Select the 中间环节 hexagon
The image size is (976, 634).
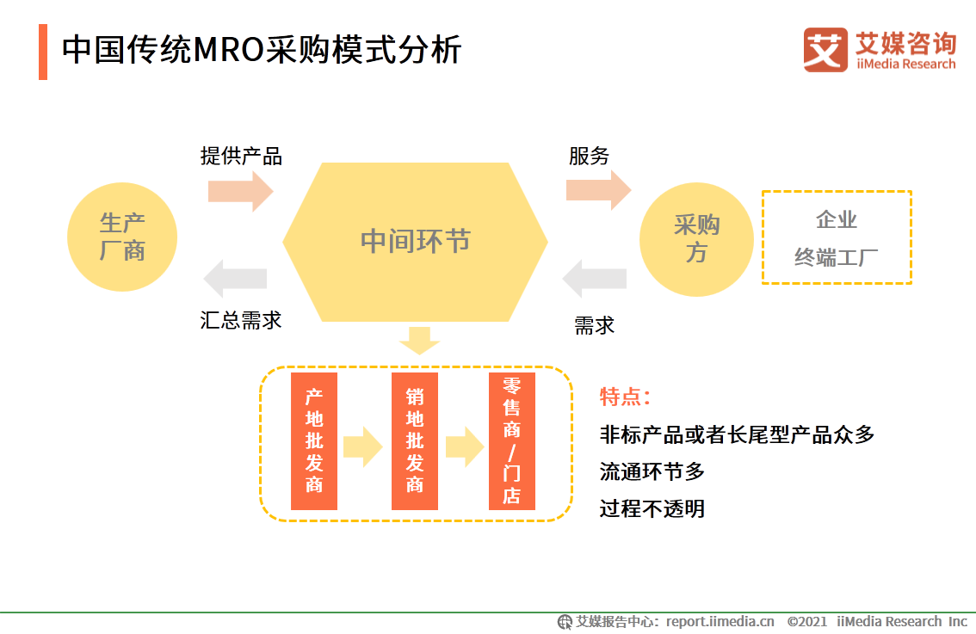[x=415, y=242]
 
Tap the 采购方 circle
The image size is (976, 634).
[x=696, y=239]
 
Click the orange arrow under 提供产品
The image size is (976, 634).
[x=240, y=190]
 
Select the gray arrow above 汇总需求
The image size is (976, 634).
[x=235, y=278]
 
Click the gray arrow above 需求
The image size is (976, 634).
[x=595, y=278]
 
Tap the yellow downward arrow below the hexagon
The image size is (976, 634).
[x=419, y=341]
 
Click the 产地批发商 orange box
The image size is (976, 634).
[x=314, y=440]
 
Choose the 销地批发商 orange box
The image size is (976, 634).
[x=415, y=440]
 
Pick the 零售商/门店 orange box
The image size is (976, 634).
[x=512, y=440]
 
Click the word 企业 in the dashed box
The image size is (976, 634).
[x=837, y=220]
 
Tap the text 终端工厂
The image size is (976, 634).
[x=837, y=257]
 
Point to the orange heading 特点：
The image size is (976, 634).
[x=625, y=397]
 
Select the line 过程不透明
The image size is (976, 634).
[x=652, y=508]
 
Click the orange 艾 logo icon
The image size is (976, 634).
[x=825, y=49]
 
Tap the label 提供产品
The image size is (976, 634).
[x=241, y=156]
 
